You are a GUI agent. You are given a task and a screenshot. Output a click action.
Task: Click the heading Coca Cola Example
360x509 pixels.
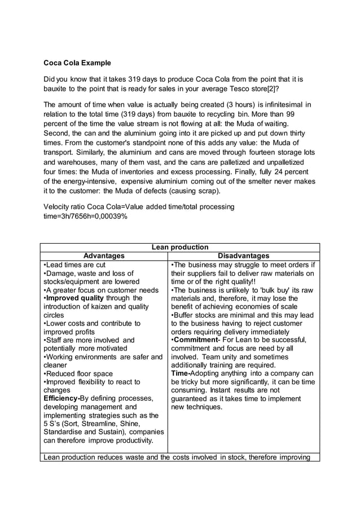[x=77, y=63]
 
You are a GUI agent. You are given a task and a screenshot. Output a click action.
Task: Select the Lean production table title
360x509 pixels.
[x=179, y=247]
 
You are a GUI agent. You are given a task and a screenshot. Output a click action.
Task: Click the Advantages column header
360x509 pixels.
[x=103, y=256]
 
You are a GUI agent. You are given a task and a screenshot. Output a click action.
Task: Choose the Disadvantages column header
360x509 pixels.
[x=244, y=256]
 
